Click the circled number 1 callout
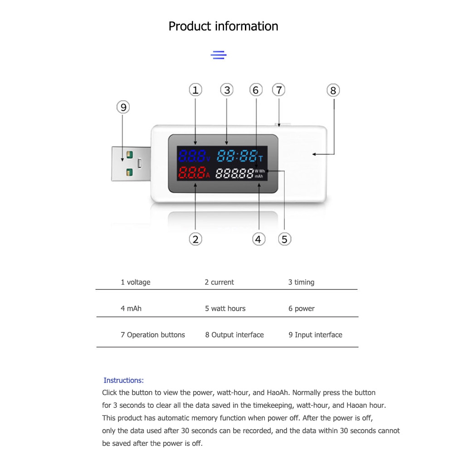tap(195, 90)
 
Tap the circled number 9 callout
tap(123, 107)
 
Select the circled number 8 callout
tap(333, 91)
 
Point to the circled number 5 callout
tap(284, 239)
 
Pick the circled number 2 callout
tap(195, 239)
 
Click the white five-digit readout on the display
tap(234, 173)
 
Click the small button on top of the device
tap(279, 124)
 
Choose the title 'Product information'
tap(223, 26)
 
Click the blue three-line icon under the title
tap(219, 55)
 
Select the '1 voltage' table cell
tap(135, 282)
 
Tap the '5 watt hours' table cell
tap(225, 308)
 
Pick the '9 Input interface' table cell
tap(315, 335)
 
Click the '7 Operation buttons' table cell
tap(152, 335)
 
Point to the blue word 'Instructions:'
tap(123, 381)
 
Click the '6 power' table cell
tap(301, 308)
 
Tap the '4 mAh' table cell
tap(131, 308)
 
